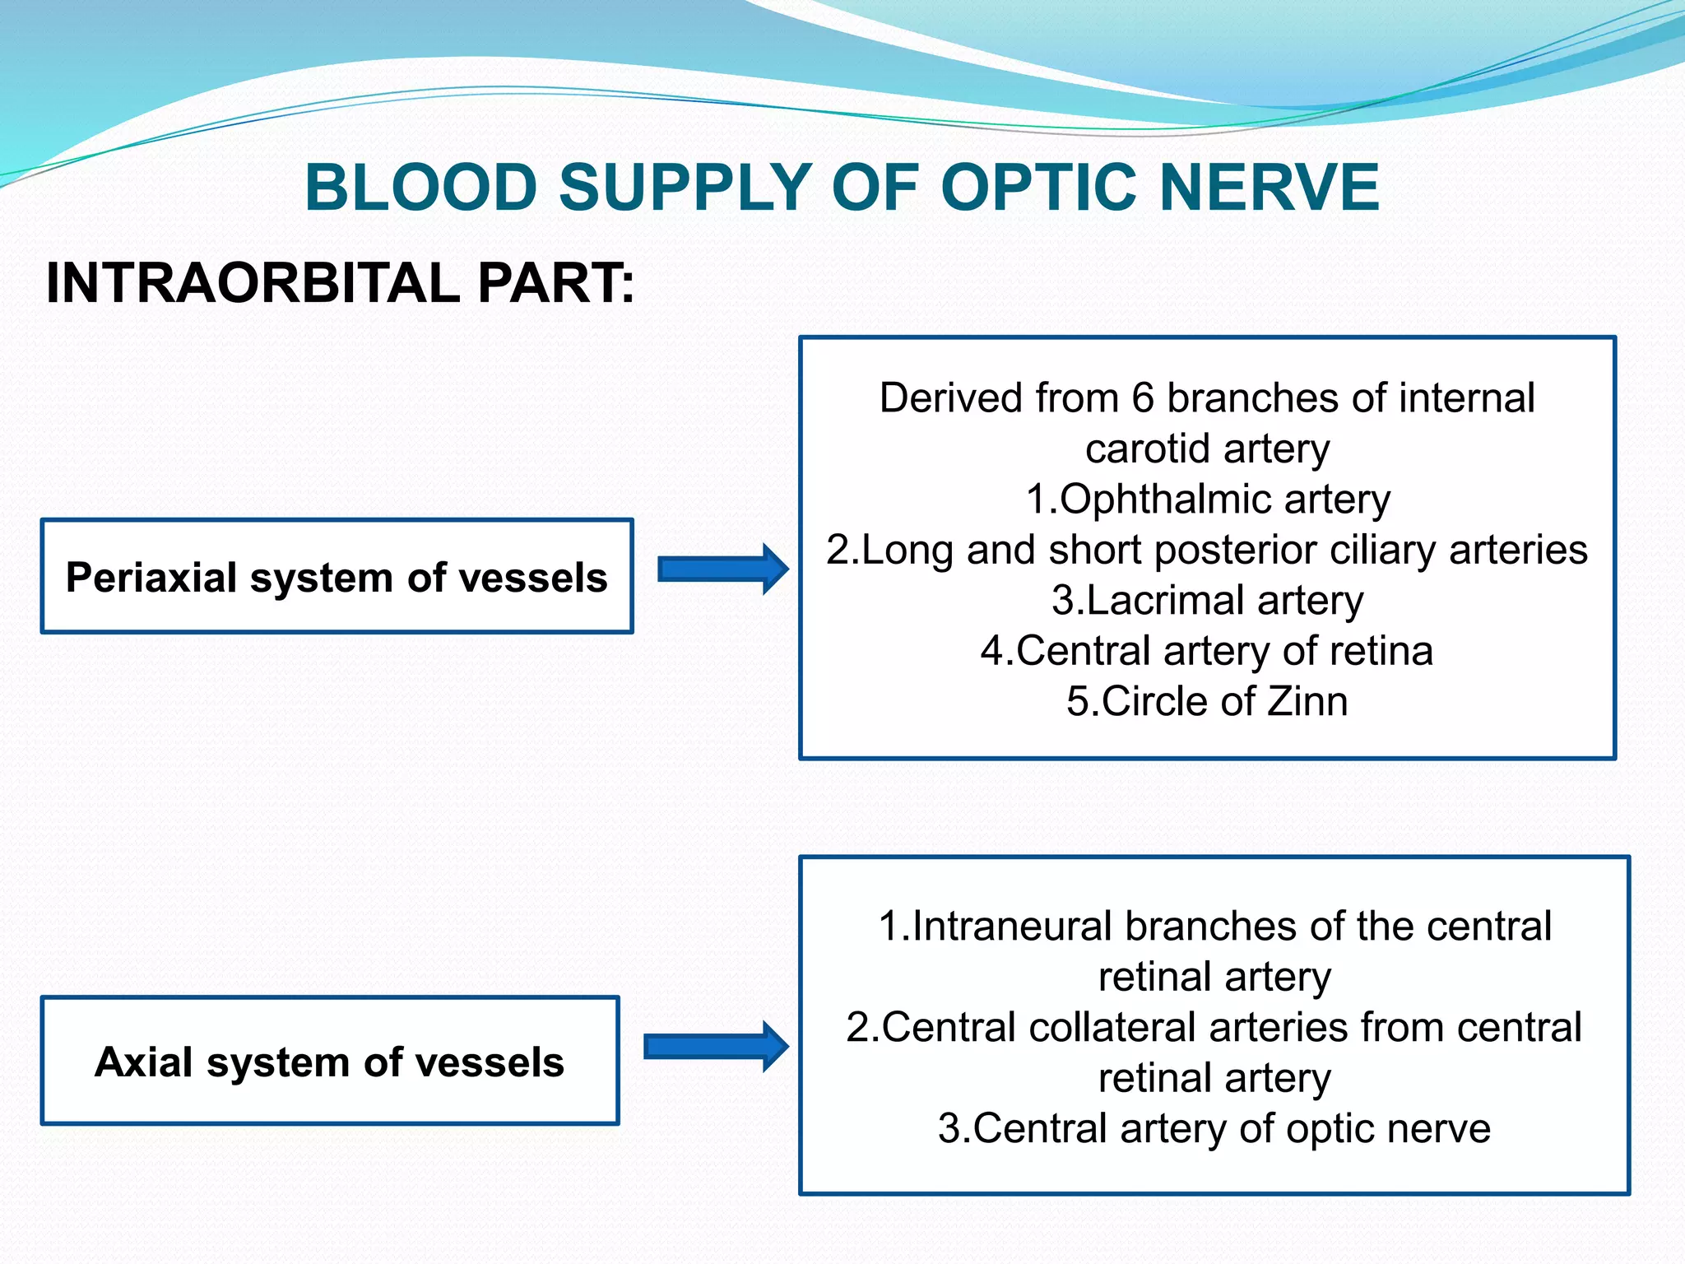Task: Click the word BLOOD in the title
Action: (x=420, y=188)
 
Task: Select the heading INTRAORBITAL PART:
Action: (x=340, y=283)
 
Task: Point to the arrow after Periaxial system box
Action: (x=722, y=569)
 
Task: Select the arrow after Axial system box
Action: (x=715, y=1047)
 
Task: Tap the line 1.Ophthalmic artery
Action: (x=1207, y=500)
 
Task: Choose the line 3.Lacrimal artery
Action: (x=1207, y=601)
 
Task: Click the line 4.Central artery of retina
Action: (x=1207, y=651)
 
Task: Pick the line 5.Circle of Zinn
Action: (x=1207, y=702)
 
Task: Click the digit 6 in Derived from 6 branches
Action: (x=1143, y=398)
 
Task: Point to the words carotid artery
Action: (x=1207, y=449)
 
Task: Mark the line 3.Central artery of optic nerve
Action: (x=1214, y=1129)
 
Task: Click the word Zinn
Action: (x=1307, y=702)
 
